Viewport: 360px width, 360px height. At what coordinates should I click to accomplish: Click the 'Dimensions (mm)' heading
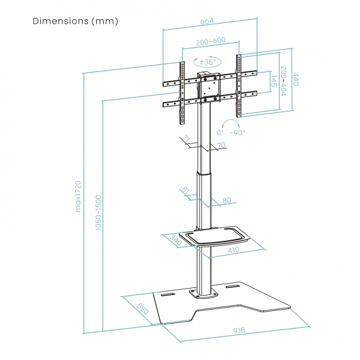coord(75,21)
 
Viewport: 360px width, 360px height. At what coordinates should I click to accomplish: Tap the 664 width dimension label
coord(207,21)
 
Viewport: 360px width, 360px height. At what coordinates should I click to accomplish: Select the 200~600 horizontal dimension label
coord(210,41)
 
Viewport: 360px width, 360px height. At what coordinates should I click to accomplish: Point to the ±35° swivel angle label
coord(208,62)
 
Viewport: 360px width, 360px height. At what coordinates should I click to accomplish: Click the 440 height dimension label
coord(296,79)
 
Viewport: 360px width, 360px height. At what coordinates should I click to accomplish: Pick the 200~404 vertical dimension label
coord(284,81)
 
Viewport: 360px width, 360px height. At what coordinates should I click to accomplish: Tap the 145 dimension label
coord(274,81)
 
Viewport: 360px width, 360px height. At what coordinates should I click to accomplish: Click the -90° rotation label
coord(238,133)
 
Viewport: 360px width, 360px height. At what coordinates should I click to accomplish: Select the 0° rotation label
coord(220,133)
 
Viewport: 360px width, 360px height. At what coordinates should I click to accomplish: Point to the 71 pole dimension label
coord(186,139)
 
